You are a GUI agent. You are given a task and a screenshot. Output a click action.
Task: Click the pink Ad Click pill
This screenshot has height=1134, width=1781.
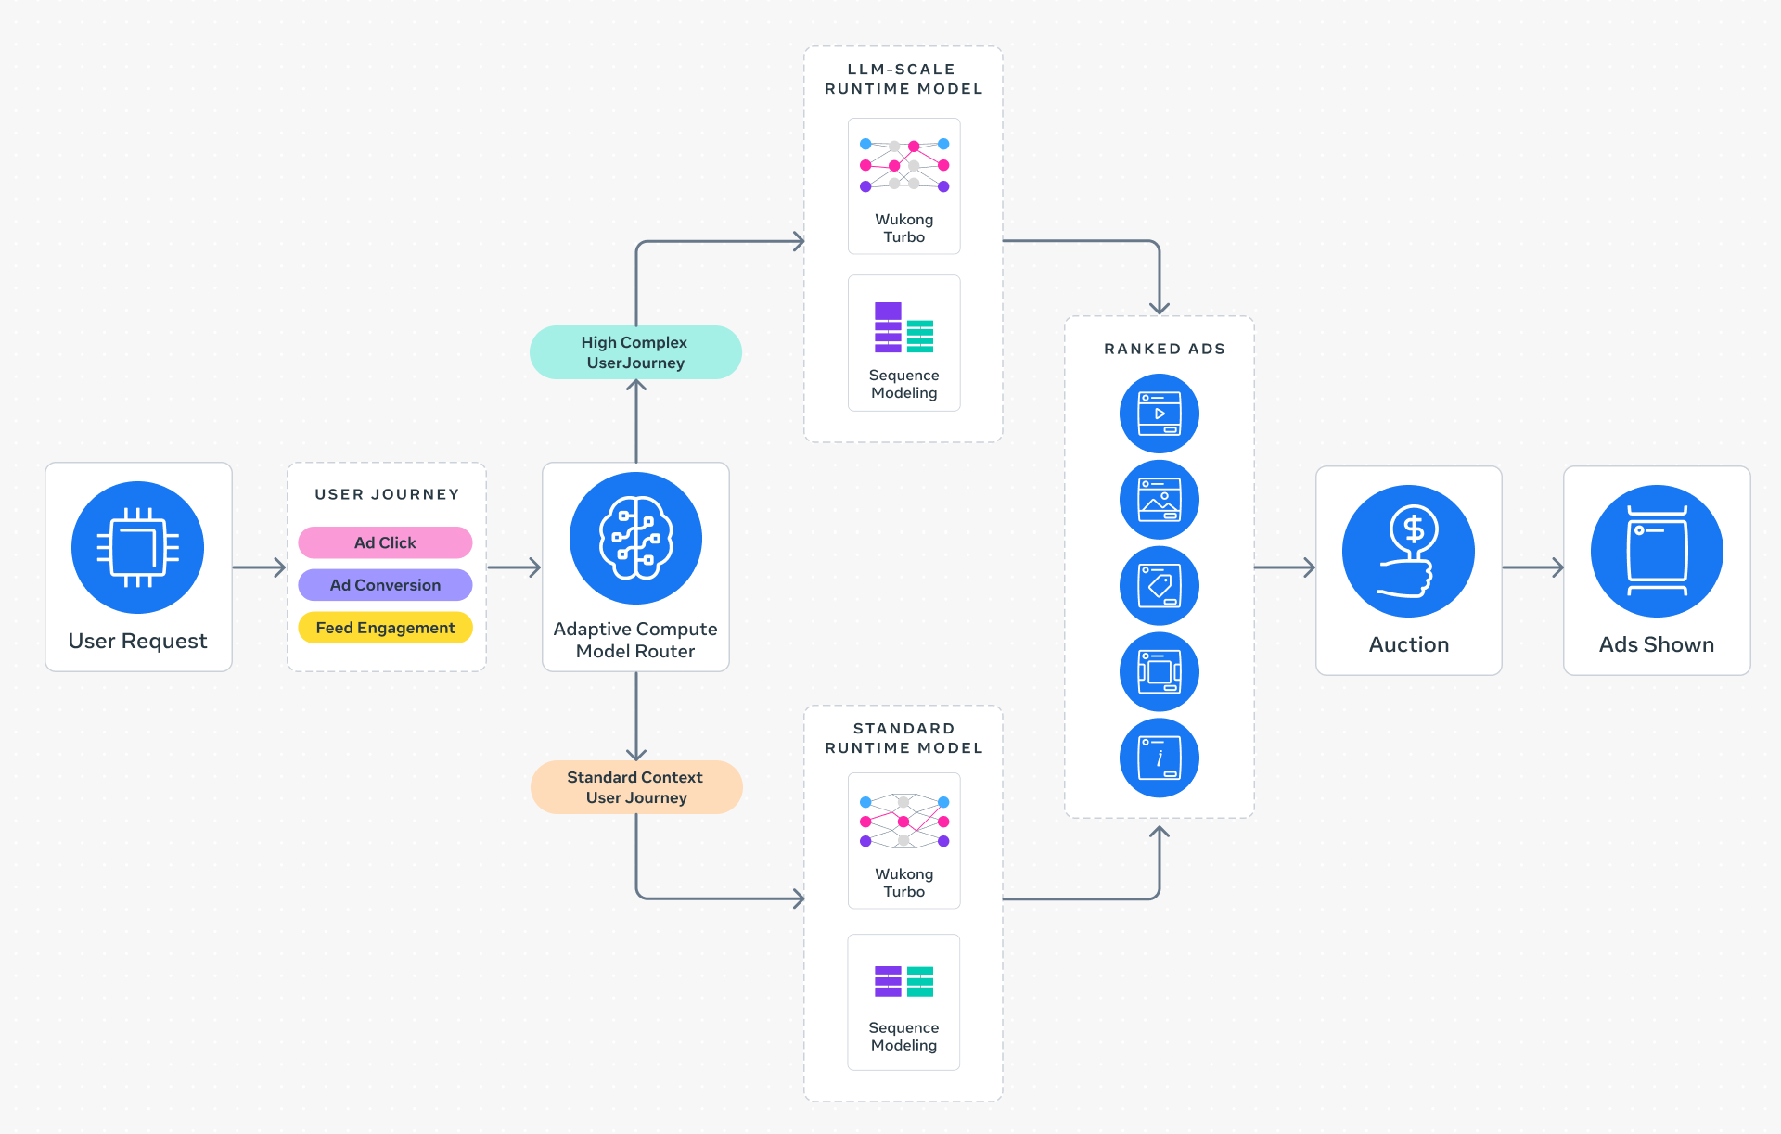(385, 542)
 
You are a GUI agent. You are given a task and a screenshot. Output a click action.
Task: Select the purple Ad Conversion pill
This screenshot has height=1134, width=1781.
(385, 585)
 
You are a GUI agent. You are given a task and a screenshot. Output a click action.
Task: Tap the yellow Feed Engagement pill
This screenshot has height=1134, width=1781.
(385, 628)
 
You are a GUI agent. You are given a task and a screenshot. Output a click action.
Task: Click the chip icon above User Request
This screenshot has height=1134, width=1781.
(138, 547)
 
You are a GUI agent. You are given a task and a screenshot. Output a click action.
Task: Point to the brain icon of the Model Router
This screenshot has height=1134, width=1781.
(635, 539)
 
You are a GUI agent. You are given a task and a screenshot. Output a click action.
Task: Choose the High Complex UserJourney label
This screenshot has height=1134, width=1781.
(635, 352)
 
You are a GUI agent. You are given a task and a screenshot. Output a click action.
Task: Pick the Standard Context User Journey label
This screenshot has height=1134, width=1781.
(635, 787)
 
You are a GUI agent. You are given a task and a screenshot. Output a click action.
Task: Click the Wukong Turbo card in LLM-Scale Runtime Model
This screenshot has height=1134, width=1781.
(903, 186)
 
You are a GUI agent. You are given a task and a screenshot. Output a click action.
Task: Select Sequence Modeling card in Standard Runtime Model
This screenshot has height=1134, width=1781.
(903, 1002)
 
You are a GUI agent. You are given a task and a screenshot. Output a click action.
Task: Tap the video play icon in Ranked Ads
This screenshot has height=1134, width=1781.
(1160, 414)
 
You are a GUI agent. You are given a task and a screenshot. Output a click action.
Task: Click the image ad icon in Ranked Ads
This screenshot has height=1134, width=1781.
(1160, 500)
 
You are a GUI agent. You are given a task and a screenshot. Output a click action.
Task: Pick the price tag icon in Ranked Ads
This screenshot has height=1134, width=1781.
(1160, 586)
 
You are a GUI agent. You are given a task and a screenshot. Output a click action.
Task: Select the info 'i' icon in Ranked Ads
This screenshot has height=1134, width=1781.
(1160, 758)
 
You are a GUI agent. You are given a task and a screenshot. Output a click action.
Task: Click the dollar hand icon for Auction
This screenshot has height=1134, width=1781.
(1408, 551)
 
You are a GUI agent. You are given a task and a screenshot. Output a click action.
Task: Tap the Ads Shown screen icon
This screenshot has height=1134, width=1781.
(1657, 551)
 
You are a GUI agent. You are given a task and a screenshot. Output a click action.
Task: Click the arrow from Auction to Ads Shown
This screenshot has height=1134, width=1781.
(1532, 567)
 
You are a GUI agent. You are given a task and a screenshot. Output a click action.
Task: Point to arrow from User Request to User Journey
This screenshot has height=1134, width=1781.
(259, 567)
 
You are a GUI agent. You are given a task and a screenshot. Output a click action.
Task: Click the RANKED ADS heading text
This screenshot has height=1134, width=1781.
(1164, 349)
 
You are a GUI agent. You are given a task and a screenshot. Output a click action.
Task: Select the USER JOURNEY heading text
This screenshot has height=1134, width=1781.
(387, 494)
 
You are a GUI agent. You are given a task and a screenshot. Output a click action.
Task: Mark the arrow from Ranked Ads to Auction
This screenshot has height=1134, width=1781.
(1285, 567)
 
